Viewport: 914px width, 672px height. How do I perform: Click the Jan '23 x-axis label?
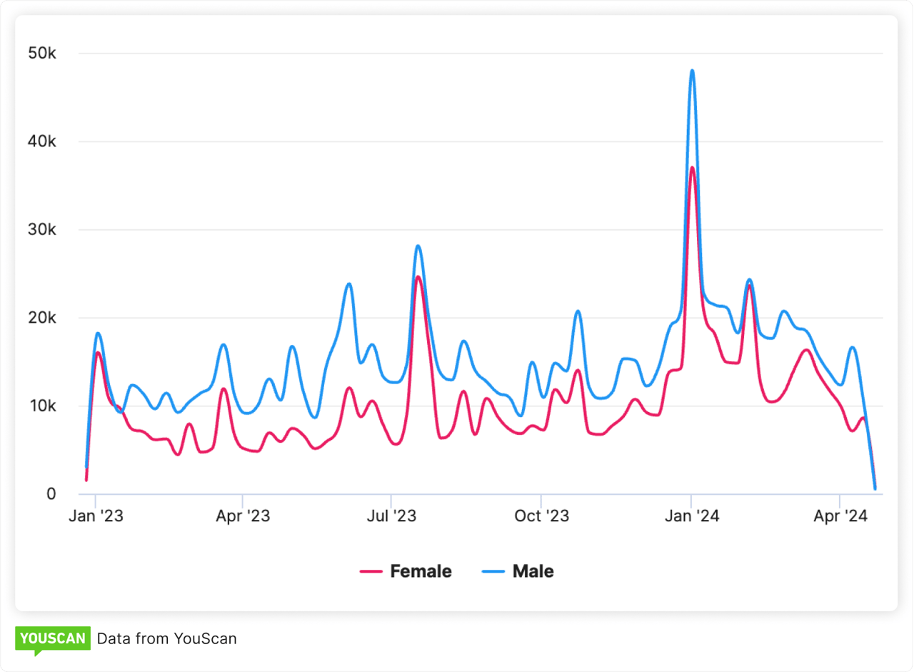[96, 516]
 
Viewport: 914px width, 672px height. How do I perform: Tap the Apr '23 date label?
[243, 516]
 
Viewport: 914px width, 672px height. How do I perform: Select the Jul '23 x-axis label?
[391, 516]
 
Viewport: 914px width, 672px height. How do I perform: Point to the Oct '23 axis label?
[542, 516]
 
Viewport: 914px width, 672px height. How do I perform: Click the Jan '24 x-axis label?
[691, 516]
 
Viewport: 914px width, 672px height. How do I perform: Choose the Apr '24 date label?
[840, 516]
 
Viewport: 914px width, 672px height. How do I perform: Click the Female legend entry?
[406, 571]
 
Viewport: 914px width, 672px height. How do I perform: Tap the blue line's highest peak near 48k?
[692, 71]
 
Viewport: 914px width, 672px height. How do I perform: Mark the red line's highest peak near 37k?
[692, 168]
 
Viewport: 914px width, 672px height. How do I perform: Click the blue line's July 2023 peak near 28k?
[418, 246]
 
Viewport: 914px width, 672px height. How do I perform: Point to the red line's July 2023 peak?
[418, 277]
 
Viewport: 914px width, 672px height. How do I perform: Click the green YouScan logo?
[53, 639]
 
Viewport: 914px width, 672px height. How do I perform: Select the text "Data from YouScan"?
[166, 638]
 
